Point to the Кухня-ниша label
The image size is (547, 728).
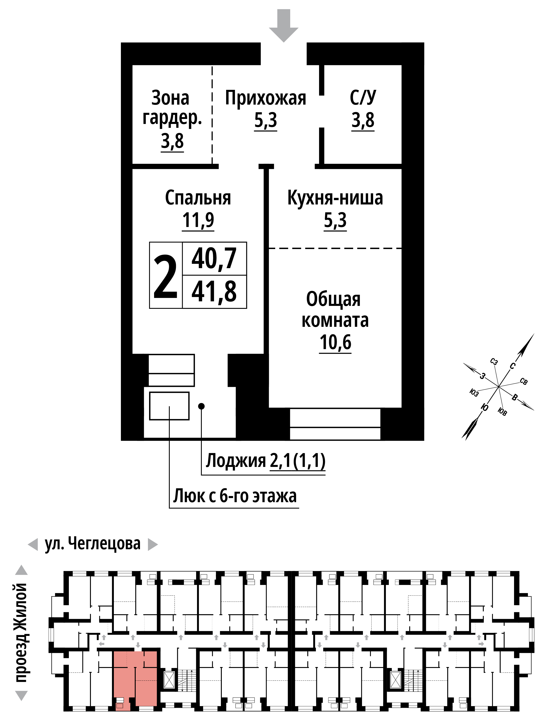335,198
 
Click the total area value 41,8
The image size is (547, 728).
214,292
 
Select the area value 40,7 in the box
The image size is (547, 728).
214,258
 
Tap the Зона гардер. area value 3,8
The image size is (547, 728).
172,141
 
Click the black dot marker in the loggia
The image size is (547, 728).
201,406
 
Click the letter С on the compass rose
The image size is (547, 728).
512,366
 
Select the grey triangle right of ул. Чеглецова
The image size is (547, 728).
153,544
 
